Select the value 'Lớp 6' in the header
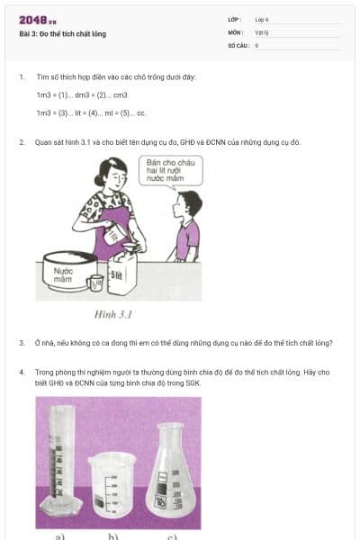(x=262, y=18)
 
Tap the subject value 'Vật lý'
(x=261, y=31)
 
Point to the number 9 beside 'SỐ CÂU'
(x=256, y=44)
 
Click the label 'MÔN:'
(x=235, y=31)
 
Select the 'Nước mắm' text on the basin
(x=62, y=274)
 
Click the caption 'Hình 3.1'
(x=113, y=315)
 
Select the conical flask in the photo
(x=172, y=477)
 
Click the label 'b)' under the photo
(x=112, y=536)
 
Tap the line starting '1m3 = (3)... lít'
(x=91, y=113)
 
